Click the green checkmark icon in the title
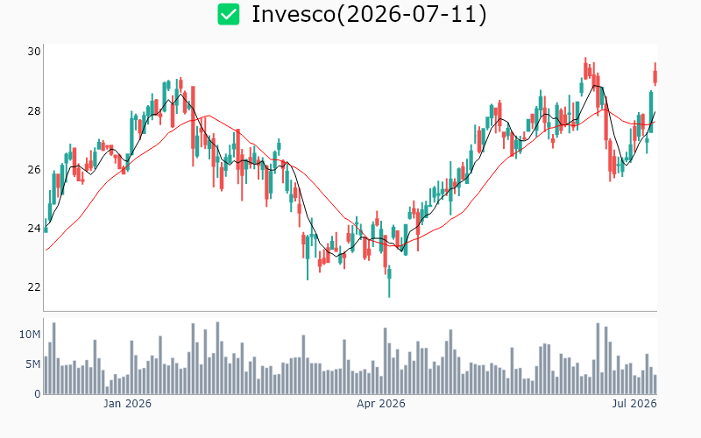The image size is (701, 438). coord(229,14)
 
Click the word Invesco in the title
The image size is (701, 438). coord(294,14)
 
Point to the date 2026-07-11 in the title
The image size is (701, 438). coord(411,14)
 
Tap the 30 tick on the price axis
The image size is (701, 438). coord(34,52)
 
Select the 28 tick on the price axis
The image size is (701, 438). coord(34,110)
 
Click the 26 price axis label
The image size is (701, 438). coord(34,169)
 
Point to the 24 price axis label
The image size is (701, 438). coord(34,229)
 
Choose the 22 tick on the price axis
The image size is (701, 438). coord(34,287)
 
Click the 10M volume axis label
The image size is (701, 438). coord(30,335)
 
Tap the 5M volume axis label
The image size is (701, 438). coord(32,364)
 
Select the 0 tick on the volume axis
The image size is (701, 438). coord(38,394)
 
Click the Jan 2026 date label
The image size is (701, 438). coord(127,404)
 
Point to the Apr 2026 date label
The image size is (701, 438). coord(381,404)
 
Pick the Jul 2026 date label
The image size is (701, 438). coord(634,404)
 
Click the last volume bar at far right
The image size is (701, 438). coord(655,385)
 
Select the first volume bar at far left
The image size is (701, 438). coord(46,375)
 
